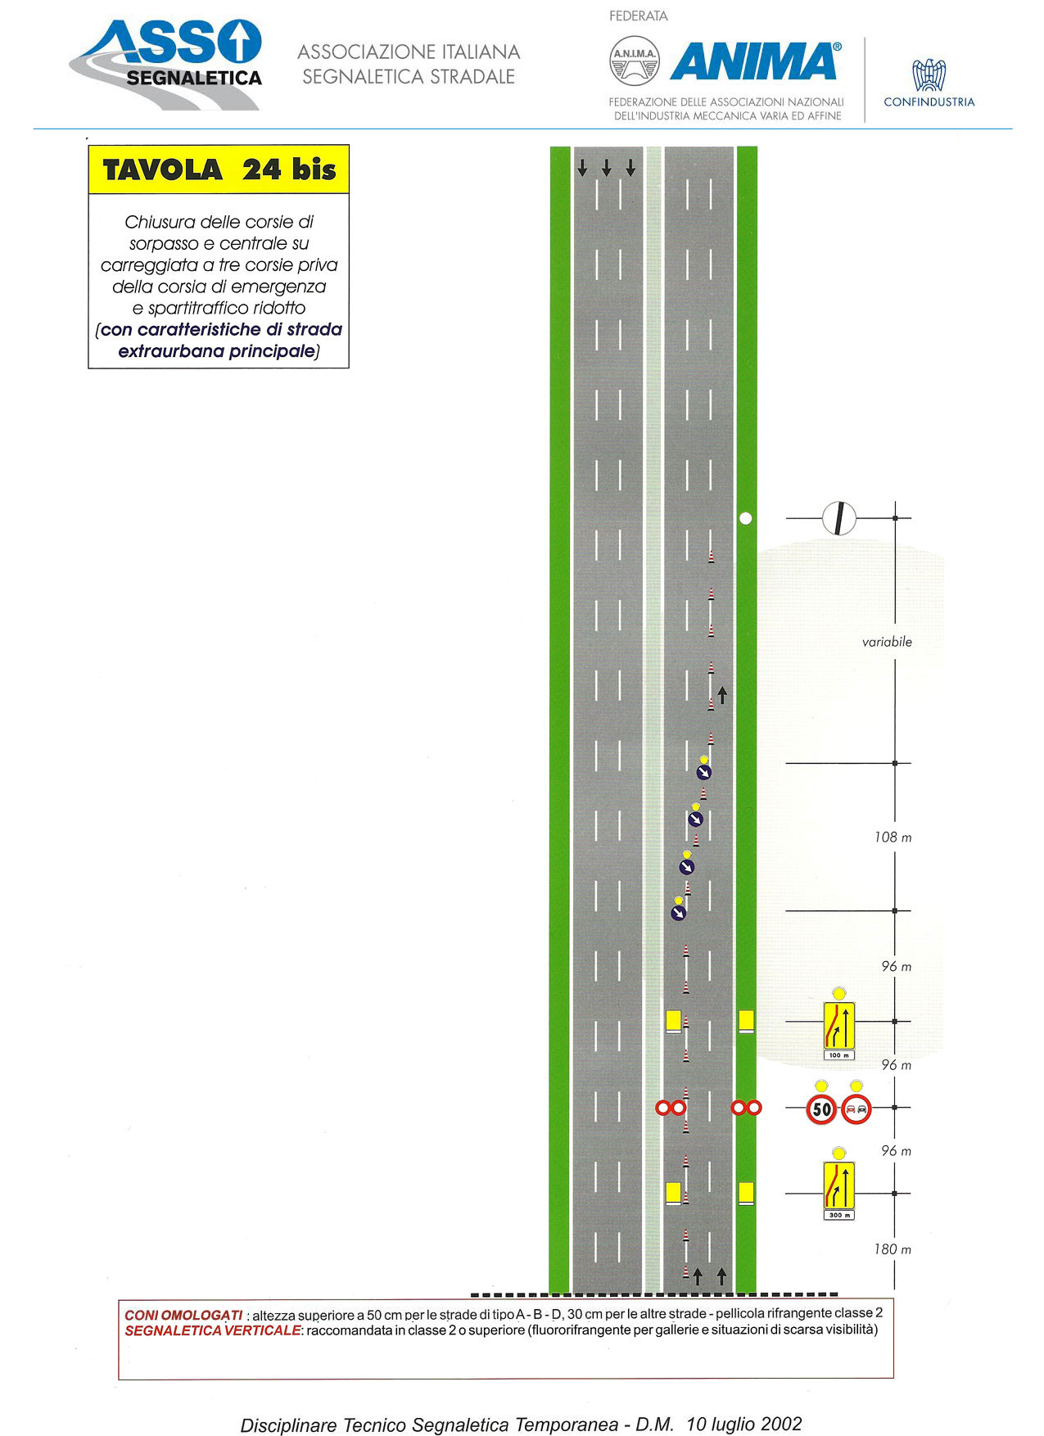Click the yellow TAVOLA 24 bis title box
(219, 169)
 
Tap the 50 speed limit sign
(821, 1109)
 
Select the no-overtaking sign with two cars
(856, 1109)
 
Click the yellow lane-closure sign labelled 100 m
(839, 1026)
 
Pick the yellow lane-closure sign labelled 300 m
(839, 1185)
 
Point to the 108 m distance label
(893, 838)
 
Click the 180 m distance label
(893, 1249)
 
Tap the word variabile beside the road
(887, 642)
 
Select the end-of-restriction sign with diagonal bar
(839, 518)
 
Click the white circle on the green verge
(745, 518)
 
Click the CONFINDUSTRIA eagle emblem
(929, 75)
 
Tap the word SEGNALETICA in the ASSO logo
(194, 79)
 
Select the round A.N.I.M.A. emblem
(635, 61)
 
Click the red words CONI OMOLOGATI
(183, 1315)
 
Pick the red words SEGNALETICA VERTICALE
(213, 1330)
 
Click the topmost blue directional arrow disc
(704, 772)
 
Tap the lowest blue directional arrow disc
(678, 912)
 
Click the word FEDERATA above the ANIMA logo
(639, 16)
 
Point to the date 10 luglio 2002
(744, 1424)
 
